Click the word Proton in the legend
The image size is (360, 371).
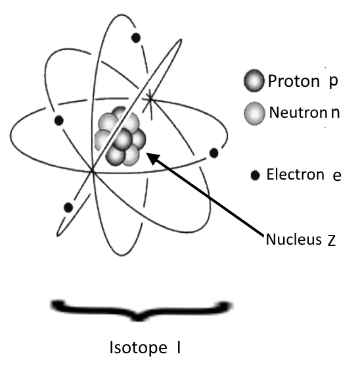coord(294,81)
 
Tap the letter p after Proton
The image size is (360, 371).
coord(334,82)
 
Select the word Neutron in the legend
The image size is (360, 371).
coord(298,112)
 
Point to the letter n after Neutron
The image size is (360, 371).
coord(335,113)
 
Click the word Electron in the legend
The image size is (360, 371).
coord(295,174)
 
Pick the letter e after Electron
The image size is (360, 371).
coord(337,176)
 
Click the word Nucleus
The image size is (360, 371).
coord(294,239)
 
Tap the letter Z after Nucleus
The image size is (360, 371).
coord(331,241)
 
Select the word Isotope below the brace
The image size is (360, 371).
coord(139,348)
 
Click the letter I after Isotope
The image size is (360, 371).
coord(179,347)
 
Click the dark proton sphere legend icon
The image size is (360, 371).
coord(254,81)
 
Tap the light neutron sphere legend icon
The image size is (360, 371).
coord(254,113)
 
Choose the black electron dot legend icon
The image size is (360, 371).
coord(255,176)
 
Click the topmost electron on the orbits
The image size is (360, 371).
coord(135,38)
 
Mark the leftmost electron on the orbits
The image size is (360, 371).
coord(59,120)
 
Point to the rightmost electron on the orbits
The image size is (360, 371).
coord(214,153)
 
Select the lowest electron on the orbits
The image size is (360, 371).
coord(68,207)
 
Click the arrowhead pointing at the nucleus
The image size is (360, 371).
coord(154,159)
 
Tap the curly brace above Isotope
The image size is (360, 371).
coord(141,310)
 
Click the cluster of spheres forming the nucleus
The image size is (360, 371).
coord(120,136)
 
